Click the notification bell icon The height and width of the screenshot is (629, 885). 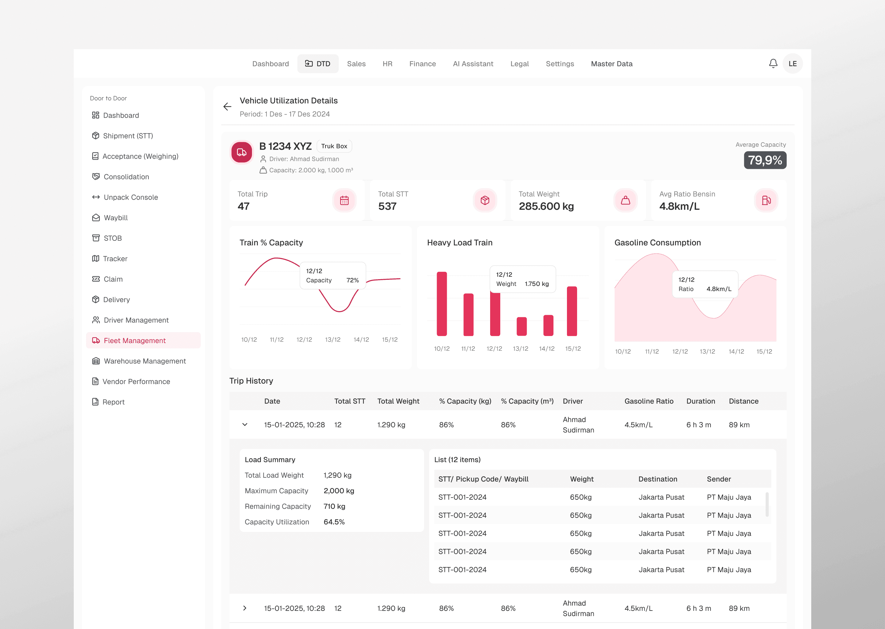773,64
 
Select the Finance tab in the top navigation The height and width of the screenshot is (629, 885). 422,64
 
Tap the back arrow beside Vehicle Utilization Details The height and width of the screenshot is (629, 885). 227,107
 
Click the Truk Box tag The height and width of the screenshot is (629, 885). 334,146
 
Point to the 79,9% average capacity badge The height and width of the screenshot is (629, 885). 765,160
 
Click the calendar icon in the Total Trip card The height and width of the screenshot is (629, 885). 344,200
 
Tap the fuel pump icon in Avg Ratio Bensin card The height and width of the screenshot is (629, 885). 766,200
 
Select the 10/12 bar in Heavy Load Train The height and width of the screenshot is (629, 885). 442,304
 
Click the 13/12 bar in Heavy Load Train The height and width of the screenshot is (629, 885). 521,326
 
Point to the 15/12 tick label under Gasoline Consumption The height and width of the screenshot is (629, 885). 764,352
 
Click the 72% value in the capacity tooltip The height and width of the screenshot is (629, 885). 352,280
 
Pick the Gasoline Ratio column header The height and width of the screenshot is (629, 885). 649,401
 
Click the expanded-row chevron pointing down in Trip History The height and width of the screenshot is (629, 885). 245,424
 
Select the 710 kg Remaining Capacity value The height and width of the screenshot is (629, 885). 334,506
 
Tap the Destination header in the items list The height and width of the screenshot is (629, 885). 658,479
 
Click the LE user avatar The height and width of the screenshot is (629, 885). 793,64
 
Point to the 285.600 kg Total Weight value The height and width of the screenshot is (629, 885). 546,206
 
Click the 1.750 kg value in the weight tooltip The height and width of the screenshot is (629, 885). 537,284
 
